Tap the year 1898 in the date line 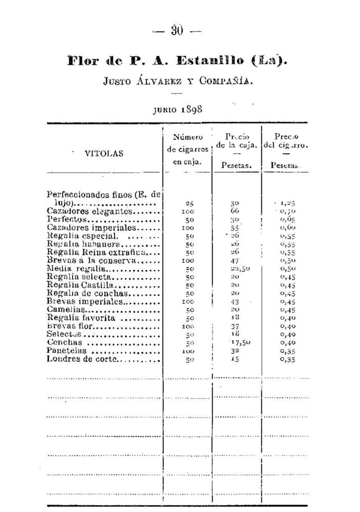point(191,109)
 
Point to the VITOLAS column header point(104,153)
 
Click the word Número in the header point(188,137)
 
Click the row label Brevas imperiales point(85,301)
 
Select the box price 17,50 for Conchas point(238,343)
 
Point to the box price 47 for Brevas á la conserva point(236,260)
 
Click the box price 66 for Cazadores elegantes point(236,211)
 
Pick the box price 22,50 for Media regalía point(239,269)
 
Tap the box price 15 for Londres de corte point(235,359)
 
